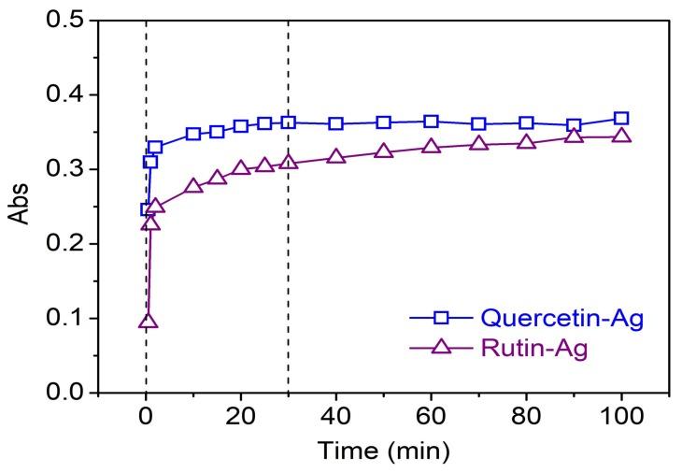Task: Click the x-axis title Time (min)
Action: (x=384, y=451)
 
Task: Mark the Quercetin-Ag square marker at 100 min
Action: (x=621, y=119)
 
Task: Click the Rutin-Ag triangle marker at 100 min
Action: (x=621, y=136)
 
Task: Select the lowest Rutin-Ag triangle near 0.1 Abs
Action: (x=147, y=322)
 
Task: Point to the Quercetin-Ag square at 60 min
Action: (x=431, y=122)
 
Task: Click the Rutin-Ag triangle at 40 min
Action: (x=336, y=157)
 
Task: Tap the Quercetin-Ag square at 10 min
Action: (x=193, y=134)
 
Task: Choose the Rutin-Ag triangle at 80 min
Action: (x=526, y=142)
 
